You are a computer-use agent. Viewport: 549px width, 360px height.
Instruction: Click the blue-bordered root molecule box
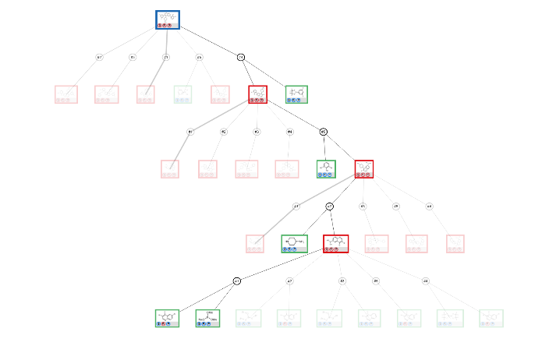[168, 19]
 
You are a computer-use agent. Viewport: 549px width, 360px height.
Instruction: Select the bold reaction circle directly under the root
[241, 57]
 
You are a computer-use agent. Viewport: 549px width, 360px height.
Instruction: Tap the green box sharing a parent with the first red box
[296, 94]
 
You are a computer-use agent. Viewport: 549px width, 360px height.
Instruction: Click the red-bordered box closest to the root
[258, 94]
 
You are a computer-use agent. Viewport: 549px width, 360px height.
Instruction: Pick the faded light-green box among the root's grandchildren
[184, 94]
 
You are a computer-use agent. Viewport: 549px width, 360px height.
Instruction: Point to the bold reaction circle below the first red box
[324, 132]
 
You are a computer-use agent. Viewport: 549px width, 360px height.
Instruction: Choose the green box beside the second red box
[326, 169]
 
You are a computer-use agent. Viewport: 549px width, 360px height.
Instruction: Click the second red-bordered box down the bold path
[363, 169]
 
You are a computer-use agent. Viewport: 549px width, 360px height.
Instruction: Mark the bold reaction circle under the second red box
[330, 206]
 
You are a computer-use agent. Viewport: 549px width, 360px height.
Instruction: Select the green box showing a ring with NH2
[294, 244]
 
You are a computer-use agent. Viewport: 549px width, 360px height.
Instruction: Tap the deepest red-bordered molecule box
[335, 244]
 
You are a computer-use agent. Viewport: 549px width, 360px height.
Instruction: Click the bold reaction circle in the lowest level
[237, 281]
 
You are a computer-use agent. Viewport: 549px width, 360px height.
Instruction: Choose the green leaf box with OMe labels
[207, 319]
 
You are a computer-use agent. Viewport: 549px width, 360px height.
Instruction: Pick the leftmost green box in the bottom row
[167, 319]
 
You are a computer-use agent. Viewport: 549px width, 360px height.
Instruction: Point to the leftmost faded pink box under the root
[66, 94]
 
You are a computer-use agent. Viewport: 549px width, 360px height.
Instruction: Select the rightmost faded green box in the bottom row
[491, 319]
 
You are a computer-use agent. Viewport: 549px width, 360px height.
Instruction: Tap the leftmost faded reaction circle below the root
[99, 57]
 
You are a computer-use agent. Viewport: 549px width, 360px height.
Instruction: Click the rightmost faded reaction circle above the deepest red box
[429, 206]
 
